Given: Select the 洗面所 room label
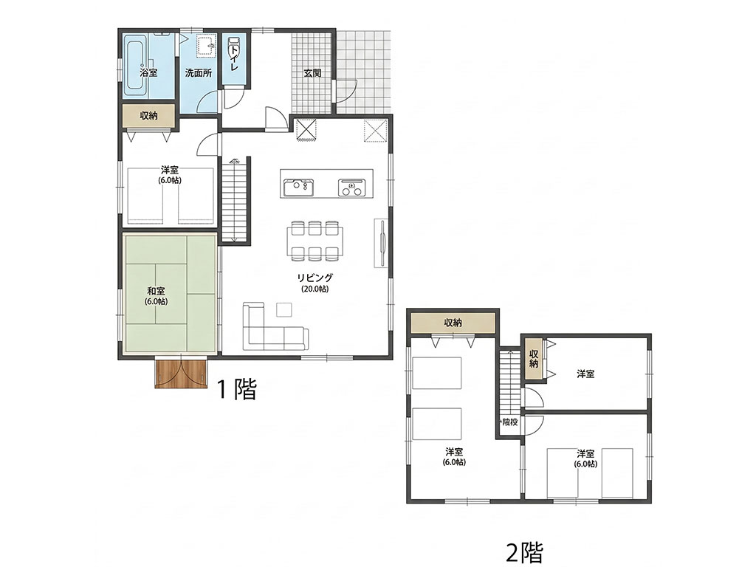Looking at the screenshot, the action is pyautogui.click(x=198, y=73).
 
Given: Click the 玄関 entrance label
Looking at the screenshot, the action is pyautogui.click(x=312, y=73).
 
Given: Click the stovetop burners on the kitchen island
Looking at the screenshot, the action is pyautogui.click(x=352, y=187).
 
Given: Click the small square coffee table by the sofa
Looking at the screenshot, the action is pyautogui.click(x=284, y=309).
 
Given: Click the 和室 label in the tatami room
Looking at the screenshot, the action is pyautogui.click(x=156, y=291).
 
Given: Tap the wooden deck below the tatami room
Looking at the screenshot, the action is pyautogui.click(x=182, y=374).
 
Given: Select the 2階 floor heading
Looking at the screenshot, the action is pyautogui.click(x=525, y=552).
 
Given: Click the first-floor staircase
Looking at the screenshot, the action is pyautogui.click(x=235, y=200).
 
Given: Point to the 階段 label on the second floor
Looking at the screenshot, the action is pyautogui.click(x=509, y=422).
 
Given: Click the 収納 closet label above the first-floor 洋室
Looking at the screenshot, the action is pyautogui.click(x=148, y=116).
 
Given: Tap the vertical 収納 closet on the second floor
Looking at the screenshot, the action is pyautogui.click(x=533, y=359).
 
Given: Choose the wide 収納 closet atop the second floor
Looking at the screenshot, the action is pyautogui.click(x=453, y=323).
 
